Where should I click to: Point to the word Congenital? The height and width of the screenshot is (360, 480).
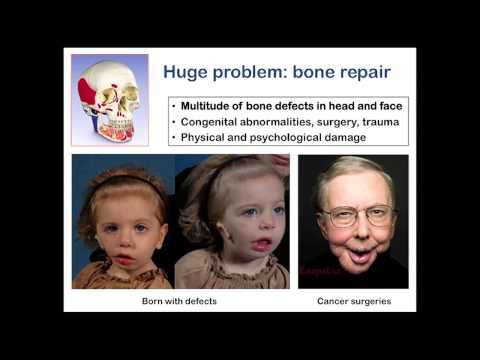tap(215, 120)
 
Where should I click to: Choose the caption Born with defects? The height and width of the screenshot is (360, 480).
tap(180, 300)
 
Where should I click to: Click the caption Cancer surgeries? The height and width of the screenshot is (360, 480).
tap(353, 300)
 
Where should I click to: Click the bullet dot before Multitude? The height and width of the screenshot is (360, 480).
tap(174, 105)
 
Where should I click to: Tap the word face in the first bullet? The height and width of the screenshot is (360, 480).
tap(376, 105)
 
